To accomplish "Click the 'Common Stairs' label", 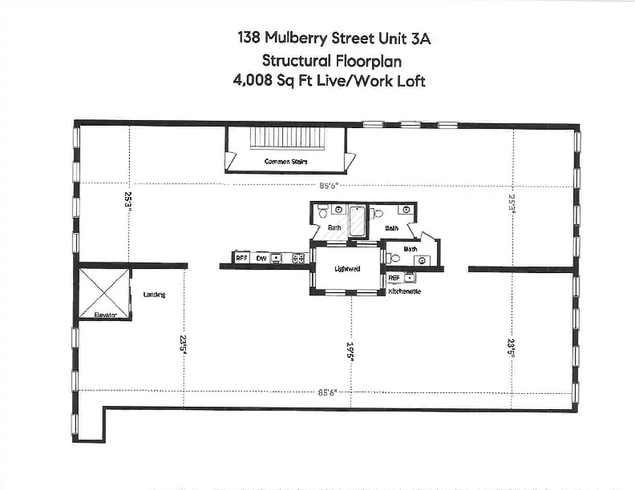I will (x=285, y=162).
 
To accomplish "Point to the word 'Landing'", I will (x=154, y=295).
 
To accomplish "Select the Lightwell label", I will (x=347, y=269).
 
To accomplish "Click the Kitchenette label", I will (x=404, y=292).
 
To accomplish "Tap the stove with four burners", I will (x=299, y=258).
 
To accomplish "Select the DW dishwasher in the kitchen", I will (x=261, y=258).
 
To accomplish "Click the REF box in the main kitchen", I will (x=241, y=258).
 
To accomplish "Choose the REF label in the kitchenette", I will (x=394, y=278).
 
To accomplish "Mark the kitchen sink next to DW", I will (x=277, y=258).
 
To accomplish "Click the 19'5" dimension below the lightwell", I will (x=351, y=353).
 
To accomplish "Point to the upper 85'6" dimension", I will (x=328, y=185).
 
